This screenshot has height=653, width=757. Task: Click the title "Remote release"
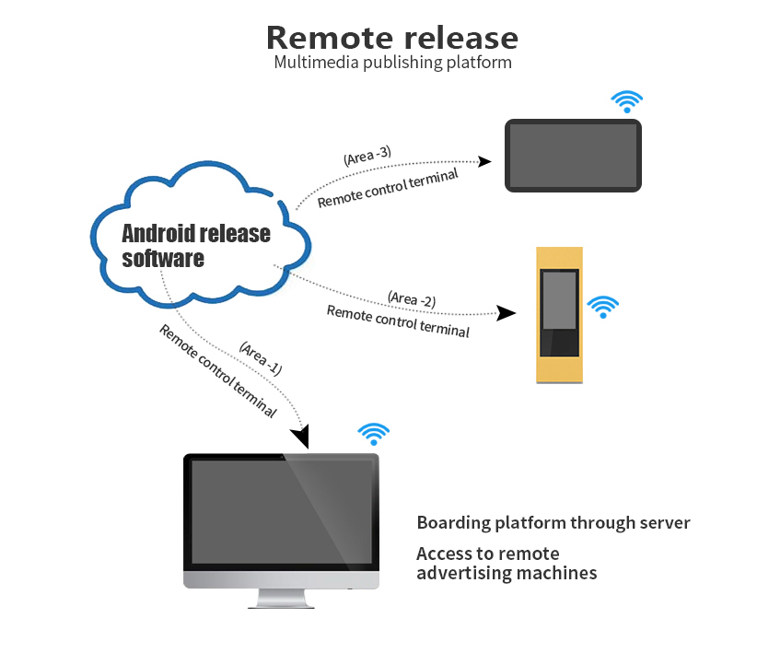[x=392, y=38]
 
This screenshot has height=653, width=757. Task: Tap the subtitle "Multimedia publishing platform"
[x=392, y=63]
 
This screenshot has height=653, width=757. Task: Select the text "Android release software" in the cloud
[x=196, y=245]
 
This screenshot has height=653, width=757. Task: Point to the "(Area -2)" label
[x=412, y=298]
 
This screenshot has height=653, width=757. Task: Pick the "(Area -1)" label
[x=260, y=357]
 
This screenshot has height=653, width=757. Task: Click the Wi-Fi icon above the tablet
[x=627, y=101]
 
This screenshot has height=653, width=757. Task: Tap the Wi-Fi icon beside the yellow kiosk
[x=603, y=307]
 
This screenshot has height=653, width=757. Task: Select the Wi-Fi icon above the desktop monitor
[x=373, y=435]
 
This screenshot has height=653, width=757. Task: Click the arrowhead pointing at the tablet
[x=485, y=161]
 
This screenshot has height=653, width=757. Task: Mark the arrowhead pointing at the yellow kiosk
[x=506, y=312]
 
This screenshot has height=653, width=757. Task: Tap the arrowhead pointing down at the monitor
[x=301, y=436]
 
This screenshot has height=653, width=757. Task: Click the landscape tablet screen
[x=573, y=155]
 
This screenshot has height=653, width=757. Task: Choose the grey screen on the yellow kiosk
[x=559, y=299]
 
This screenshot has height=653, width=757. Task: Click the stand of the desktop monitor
[x=280, y=600]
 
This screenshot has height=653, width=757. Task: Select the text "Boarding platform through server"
[x=553, y=523]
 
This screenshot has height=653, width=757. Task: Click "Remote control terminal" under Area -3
[x=388, y=188]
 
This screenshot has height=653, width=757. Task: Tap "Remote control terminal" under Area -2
[x=398, y=321]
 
